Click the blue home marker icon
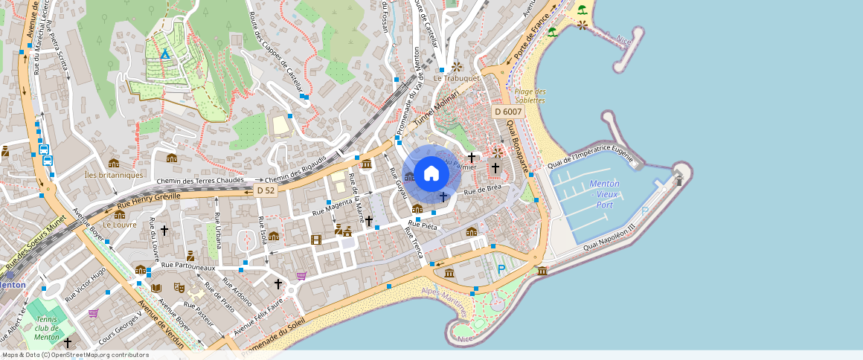click(x=431, y=174)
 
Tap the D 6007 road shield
click(x=509, y=112)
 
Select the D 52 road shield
click(x=266, y=191)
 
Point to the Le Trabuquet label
click(x=457, y=78)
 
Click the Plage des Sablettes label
click(x=530, y=96)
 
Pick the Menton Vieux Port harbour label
click(x=604, y=194)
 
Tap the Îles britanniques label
click(x=114, y=175)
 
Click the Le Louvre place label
click(x=119, y=224)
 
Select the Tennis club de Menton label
click(x=47, y=328)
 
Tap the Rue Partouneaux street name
click(x=188, y=266)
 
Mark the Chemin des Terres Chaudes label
click(x=200, y=181)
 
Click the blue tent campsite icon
click(x=165, y=54)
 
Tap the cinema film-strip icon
click(x=317, y=240)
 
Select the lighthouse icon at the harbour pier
click(x=677, y=179)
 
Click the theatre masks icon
click(x=179, y=287)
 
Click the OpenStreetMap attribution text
click(x=75, y=355)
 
